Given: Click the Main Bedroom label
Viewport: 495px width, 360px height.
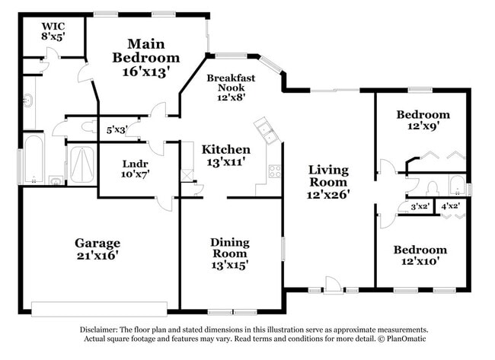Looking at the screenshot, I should click(145, 57).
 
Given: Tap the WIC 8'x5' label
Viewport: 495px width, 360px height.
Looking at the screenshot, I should click(53, 30).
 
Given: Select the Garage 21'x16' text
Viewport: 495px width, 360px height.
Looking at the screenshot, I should click(97, 249).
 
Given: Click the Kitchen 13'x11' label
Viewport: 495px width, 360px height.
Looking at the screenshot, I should click(226, 155).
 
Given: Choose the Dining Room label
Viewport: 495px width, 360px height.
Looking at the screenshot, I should click(229, 253).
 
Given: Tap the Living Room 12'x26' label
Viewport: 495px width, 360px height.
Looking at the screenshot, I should click(329, 183).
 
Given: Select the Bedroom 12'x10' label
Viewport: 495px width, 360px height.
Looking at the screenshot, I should click(420, 256).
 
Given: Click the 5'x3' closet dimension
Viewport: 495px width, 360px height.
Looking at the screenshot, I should click(116, 130).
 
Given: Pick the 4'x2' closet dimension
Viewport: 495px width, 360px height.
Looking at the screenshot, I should click(451, 205).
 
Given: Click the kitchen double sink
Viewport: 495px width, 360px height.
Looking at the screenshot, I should click(267, 132).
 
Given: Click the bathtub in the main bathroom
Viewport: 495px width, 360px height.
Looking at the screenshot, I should click(34, 158).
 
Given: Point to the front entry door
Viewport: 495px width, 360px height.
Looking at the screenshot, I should click(332, 287).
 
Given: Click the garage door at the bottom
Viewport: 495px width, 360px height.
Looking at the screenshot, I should click(98, 307).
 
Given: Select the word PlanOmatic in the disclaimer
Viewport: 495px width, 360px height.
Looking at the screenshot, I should click(401, 338).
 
